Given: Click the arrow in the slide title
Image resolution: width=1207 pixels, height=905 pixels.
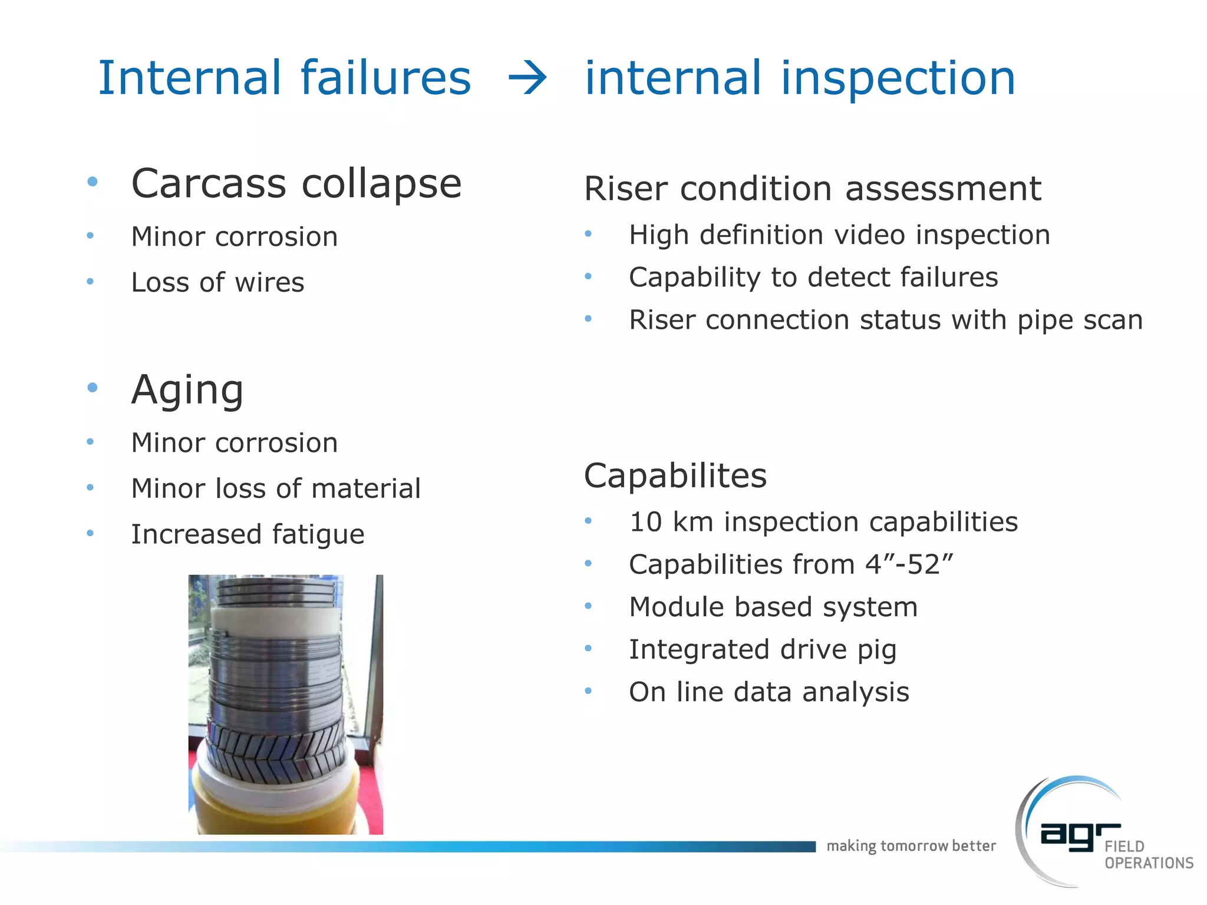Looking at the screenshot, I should (x=527, y=79).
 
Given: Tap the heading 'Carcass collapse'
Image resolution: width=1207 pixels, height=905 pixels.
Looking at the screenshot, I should (x=296, y=183).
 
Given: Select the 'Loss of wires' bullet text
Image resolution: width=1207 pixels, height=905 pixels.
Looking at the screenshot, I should (x=217, y=282).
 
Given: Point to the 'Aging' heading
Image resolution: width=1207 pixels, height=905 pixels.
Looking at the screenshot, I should (x=187, y=389).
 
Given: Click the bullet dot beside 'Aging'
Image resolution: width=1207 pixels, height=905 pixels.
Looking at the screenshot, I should (x=92, y=388).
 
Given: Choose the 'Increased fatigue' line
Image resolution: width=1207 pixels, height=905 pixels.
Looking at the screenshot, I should (x=248, y=534).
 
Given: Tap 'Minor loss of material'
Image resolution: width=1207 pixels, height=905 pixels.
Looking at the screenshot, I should (x=276, y=488).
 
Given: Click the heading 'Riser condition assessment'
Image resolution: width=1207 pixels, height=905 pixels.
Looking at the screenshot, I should (x=812, y=189).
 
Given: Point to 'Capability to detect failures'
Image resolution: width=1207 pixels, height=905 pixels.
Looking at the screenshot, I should (x=813, y=277).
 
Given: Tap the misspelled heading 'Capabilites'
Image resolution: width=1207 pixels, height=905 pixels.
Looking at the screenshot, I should (x=675, y=475).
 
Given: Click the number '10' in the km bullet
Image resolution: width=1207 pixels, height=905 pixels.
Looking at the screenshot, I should (x=645, y=522).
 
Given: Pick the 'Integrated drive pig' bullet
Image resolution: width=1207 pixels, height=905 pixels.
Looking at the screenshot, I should (x=763, y=649).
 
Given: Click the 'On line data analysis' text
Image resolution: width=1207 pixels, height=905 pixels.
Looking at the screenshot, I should (x=769, y=692).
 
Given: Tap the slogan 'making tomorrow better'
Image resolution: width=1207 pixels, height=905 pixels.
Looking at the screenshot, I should (x=911, y=846).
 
